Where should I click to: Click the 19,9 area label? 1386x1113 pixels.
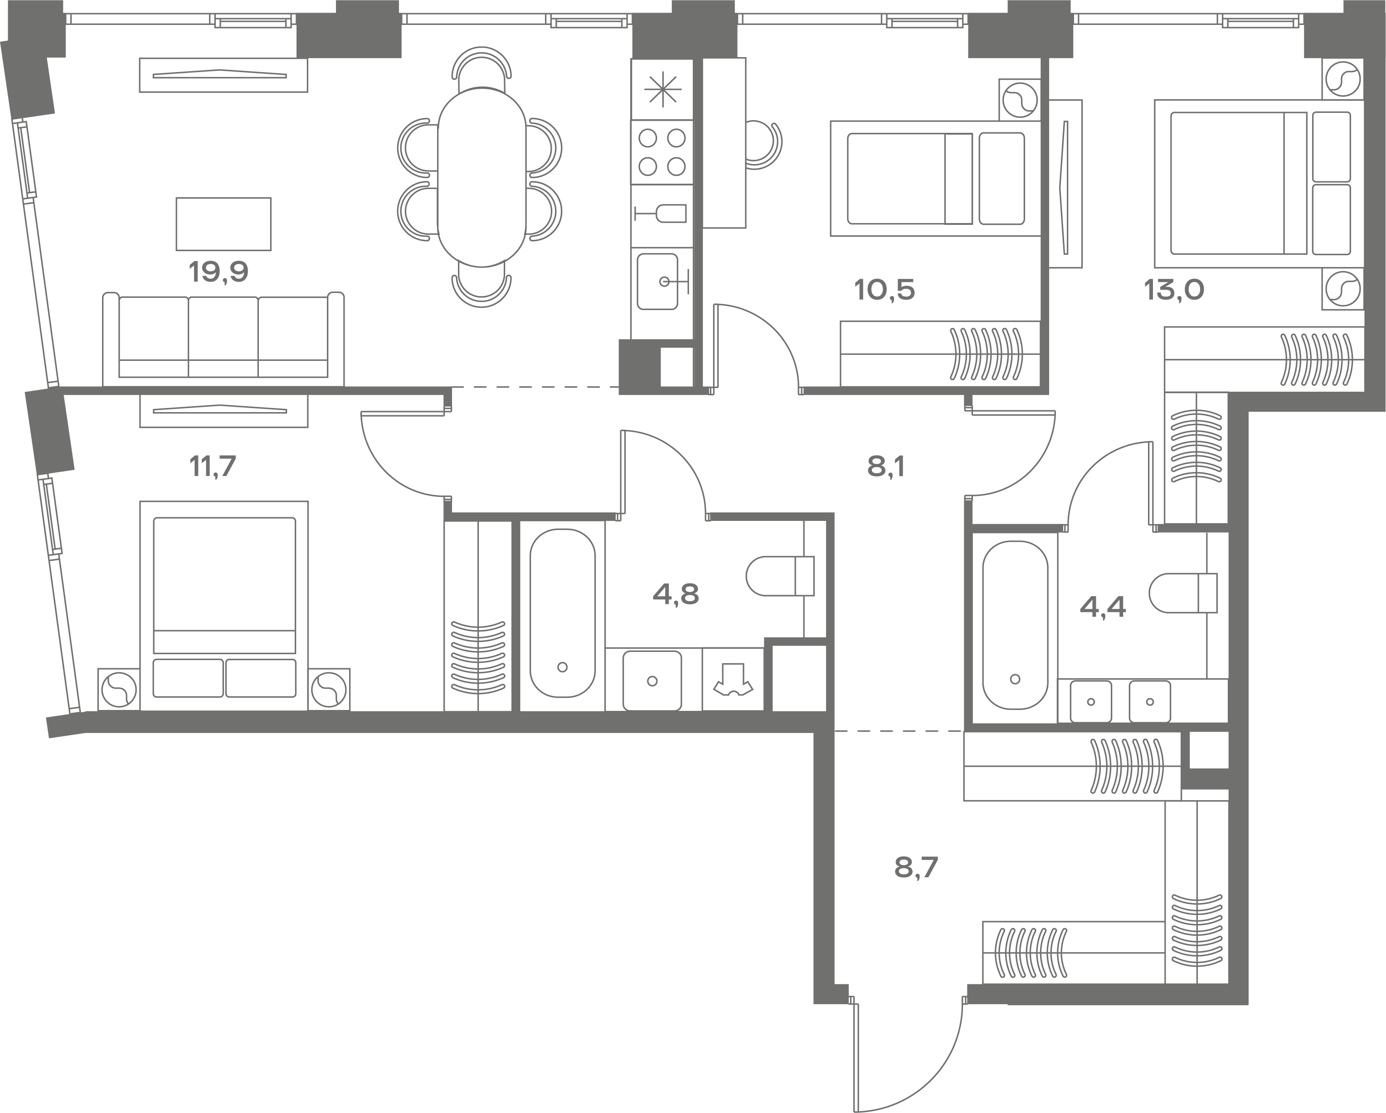(219, 272)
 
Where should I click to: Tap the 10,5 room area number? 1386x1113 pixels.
(885, 291)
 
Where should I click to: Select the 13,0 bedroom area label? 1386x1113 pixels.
(1174, 291)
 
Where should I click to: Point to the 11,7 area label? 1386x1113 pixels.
(213, 466)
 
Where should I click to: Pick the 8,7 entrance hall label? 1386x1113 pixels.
(916, 868)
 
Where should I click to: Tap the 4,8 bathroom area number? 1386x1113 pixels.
(676, 595)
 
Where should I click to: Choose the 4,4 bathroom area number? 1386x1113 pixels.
(1103, 606)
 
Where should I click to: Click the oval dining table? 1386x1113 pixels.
(481, 177)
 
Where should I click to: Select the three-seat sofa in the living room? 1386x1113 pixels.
(223, 340)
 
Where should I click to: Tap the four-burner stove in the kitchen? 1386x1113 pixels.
(662, 152)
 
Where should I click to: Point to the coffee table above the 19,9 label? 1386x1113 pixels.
(224, 224)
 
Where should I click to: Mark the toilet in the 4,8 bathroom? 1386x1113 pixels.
(780, 576)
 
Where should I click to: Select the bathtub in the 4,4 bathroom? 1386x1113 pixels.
(1015, 626)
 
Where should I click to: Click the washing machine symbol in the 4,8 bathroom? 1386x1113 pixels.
(733, 680)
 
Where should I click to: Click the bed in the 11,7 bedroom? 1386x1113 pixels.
(224, 606)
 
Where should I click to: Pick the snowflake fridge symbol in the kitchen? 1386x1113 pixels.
(662, 89)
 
